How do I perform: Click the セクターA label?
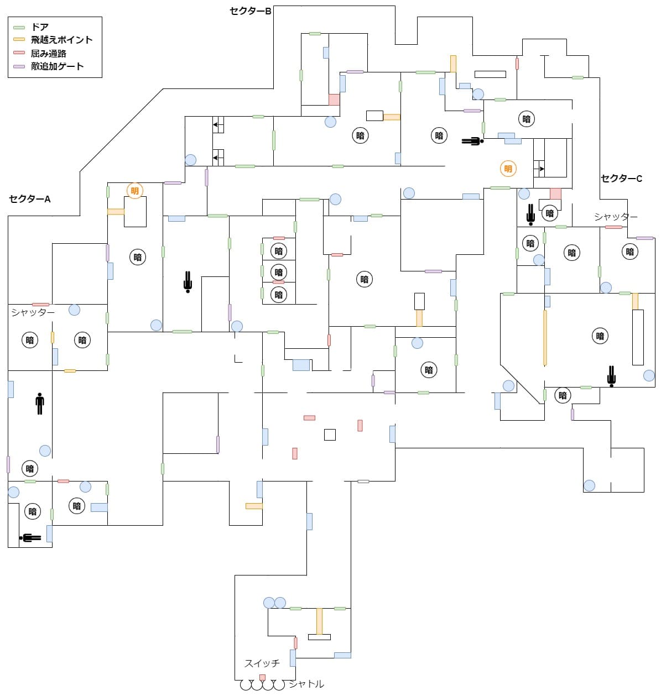[x=30, y=199]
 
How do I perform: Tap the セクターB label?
[x=251, y=11]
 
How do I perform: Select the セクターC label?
[x=622, y=179]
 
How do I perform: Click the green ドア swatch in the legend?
[x=19, y=27]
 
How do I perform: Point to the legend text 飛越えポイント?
[x=61, y=40]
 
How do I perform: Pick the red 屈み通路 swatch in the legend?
[x=19, y=53]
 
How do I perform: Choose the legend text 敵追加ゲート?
[x=57, y=66]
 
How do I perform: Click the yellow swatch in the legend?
[x=19, y=40]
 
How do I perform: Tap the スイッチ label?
[x=262, y=663]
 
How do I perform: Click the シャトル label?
[x=306, y=684]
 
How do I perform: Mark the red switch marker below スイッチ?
[x=262, y=677]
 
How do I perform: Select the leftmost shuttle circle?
[x=246, y=685]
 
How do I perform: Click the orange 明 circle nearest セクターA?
[x=134, y=191]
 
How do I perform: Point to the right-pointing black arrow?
[x=542, y=169]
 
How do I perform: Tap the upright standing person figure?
[x=39, y=404]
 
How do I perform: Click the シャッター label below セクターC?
[x=616, y=217]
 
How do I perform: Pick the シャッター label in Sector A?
[x=33, y=312]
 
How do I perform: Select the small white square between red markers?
[x=330, y=435]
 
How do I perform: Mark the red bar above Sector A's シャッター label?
[x=40, y=305]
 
